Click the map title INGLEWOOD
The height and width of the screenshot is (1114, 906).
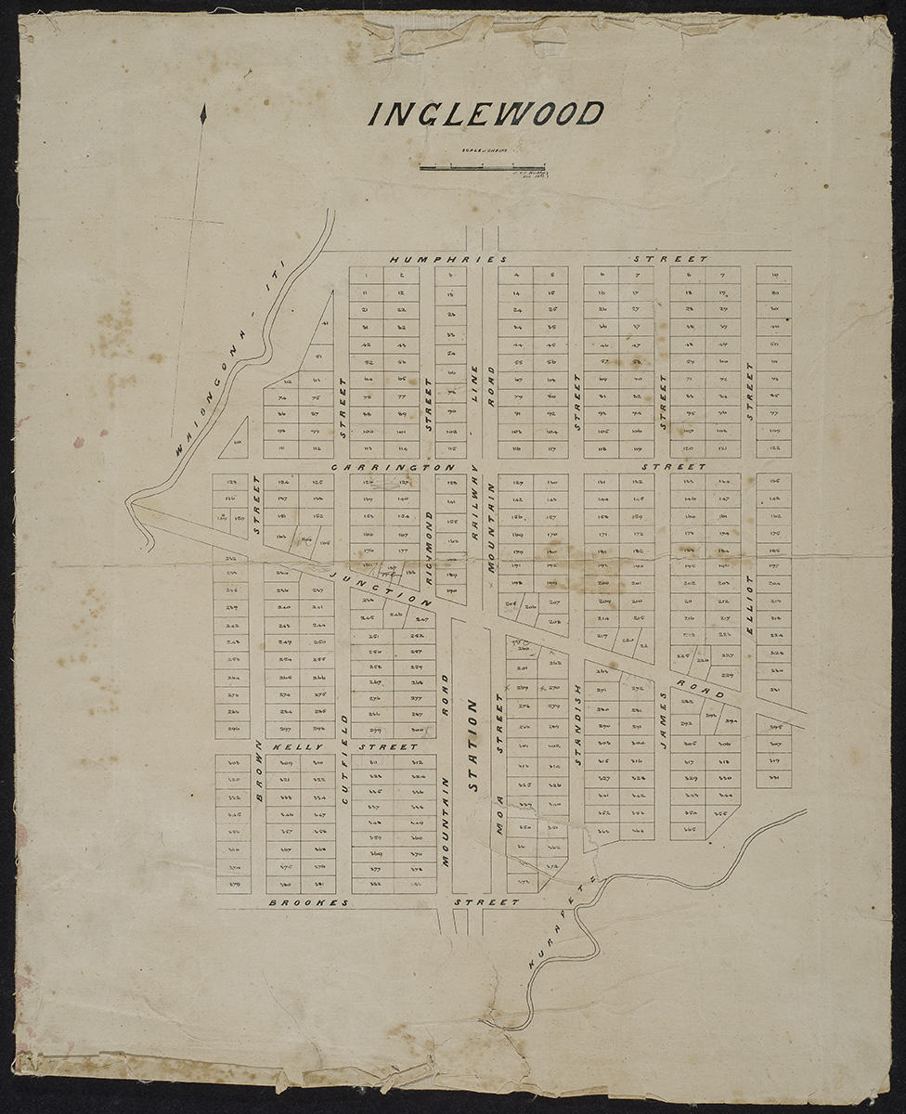point(485,114)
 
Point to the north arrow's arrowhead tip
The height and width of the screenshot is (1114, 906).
point(203,110)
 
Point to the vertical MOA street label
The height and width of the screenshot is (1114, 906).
point(499,818)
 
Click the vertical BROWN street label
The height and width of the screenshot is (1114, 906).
point(259,770)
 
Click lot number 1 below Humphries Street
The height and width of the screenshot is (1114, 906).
point(367,275)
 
